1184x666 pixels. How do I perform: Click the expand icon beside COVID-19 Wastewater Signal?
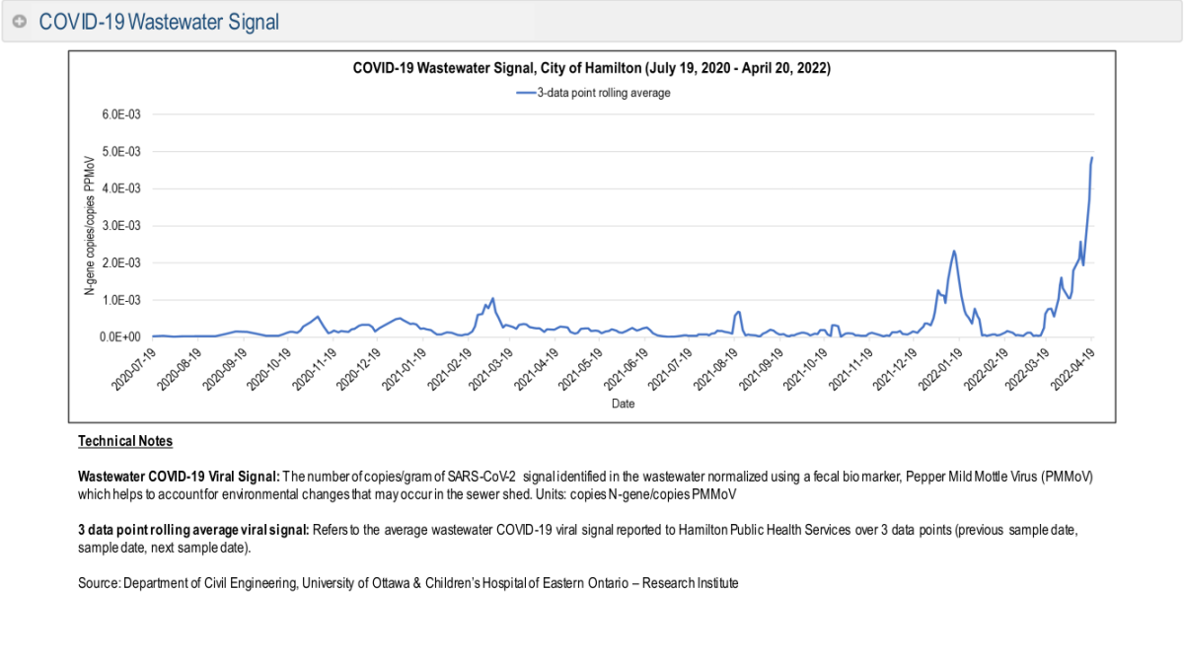[x=20, y=22]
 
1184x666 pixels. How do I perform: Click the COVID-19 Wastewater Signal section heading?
[x=159, y=22]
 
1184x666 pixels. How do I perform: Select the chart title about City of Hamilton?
[x=592, y=69]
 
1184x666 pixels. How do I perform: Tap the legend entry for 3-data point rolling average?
[x=594, y=93]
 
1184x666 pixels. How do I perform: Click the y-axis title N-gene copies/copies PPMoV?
[x=89, y=225]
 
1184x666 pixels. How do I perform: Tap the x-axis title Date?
[x=623, y=404]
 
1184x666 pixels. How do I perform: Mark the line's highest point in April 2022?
[x=1092, y=158]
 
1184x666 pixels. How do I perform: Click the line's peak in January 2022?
[x=954, y=251]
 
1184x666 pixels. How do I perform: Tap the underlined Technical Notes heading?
[x=125, y=441]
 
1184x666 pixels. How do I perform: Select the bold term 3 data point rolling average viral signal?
[x=193, y=530]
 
